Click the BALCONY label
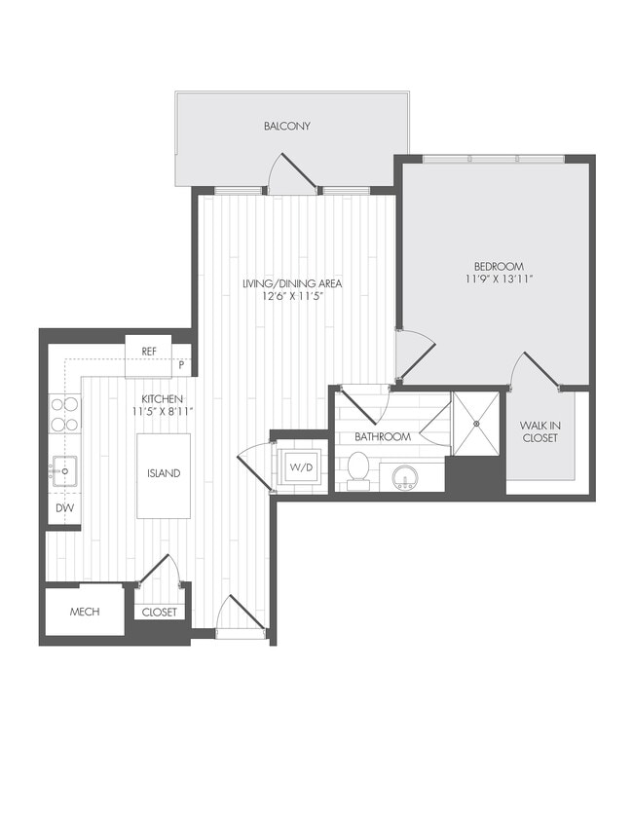286,127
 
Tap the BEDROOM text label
499,266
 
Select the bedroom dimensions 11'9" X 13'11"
499,279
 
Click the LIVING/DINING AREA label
292,283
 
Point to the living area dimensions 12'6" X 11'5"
292,297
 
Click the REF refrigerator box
149,352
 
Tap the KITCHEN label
162,399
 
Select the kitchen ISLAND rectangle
164,474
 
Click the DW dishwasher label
64,508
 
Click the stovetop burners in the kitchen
65,414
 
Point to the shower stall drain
477,424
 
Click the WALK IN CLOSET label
539,432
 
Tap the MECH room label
84,613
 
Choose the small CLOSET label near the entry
160,613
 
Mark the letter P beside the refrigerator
181,366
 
